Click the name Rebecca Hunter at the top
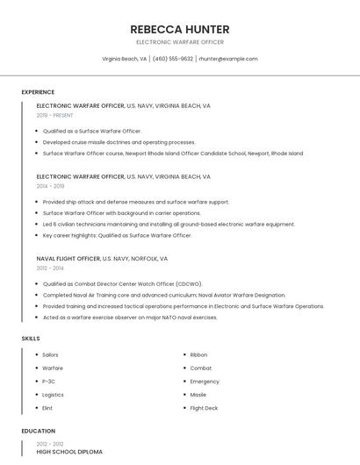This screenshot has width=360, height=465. pos(180,29)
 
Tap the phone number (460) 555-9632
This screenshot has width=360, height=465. pos(173,59)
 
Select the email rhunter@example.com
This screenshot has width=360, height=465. pos(228,59)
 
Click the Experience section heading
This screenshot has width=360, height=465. pos(38,92)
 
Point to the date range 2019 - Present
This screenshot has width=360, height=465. pos(55,115)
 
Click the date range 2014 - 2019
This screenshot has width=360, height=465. pos(51,186)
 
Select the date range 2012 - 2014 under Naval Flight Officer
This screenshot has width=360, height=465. pos(51,268)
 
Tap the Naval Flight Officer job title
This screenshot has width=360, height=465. pos(68,259)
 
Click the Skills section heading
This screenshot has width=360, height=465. pos(31,338)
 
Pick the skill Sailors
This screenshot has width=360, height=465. pos(51,354)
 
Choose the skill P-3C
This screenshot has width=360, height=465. pos(49,382)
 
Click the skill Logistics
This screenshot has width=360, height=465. pos(53,395)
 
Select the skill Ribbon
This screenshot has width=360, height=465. pos(199,354)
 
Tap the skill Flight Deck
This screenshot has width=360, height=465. pos(204,408)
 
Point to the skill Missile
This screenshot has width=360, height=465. pos(198,395)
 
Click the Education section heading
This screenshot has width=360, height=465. pos(38,431)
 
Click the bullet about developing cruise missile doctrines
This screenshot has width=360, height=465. pos(119,142)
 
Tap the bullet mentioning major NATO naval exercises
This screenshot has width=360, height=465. pos(130,318)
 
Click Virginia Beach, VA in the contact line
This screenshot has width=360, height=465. pos(125,59)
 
